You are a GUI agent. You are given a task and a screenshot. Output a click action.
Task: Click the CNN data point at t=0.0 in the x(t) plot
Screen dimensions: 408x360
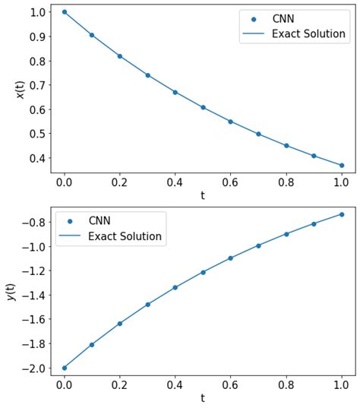(65, 12)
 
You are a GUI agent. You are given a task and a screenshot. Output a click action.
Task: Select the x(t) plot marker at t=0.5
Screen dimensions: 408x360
(203, 107)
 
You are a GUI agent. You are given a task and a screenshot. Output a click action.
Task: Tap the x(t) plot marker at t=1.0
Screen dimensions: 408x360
(342, 165)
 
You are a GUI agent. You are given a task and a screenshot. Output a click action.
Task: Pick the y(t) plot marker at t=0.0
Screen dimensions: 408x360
(65, 368)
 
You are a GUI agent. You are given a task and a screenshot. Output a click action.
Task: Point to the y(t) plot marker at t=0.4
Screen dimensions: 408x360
(175, 287)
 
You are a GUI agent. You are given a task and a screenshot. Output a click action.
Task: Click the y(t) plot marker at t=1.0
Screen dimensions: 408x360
(342, 214)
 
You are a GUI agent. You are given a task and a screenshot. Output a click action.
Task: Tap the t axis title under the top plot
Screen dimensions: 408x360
(203, 195)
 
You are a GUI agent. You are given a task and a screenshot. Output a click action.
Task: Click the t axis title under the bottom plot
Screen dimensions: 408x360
(203, 398)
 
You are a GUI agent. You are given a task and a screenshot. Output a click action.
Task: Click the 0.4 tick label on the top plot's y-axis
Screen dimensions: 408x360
(34, 158)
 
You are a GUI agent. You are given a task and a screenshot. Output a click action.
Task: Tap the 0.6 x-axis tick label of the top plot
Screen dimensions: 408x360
(231, 182)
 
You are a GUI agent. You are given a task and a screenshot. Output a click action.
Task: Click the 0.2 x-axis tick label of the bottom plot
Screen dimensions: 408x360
(120, 385)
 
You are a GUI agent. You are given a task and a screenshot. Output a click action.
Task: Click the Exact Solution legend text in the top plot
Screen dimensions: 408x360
(308, 35)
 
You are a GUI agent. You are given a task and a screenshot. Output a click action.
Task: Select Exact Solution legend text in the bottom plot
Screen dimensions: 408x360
(125, 236)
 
